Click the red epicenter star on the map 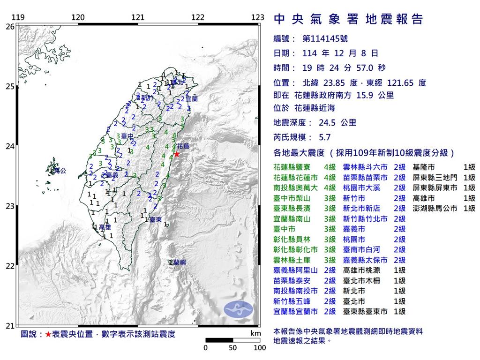click(177, 154)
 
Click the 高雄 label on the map click(104, 227)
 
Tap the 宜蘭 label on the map click(191, 99)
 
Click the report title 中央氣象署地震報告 click(348, 19)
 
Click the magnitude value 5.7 click(324, 138)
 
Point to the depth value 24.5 click(325, 123)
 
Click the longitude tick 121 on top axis click(138, 18)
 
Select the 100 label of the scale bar click(260, 348)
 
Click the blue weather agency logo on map click(238, 308)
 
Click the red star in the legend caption click(48, 335)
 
